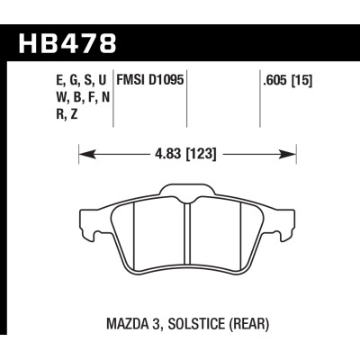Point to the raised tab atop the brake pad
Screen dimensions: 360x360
coord(184,190)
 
